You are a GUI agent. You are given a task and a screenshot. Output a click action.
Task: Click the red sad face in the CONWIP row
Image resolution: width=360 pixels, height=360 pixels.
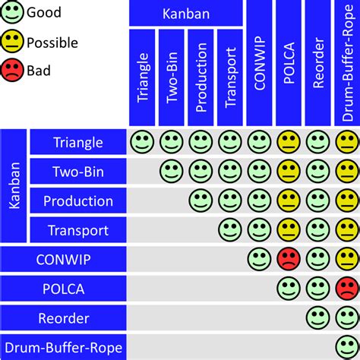tap(289, 259)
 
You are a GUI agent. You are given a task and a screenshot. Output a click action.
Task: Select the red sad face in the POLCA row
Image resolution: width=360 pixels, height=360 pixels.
tap(347, 289)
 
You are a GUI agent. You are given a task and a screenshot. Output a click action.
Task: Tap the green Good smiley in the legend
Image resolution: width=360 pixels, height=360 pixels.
tap(11, 11)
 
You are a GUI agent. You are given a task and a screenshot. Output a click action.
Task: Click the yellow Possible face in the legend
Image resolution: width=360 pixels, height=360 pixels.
tap(11, 41)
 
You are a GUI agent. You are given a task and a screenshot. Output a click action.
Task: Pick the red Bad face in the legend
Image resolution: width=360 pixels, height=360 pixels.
tap(11, 70)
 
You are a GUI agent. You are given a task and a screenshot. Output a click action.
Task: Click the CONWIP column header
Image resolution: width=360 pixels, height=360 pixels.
tap(259, 63)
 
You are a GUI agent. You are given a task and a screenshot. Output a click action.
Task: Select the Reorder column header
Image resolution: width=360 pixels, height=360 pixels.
tap(318, 63)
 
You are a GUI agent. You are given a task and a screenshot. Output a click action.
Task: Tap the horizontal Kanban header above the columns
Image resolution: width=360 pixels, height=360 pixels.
tap(186, 13)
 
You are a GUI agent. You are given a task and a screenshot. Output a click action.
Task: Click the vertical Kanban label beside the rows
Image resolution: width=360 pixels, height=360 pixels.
tap(14, 186)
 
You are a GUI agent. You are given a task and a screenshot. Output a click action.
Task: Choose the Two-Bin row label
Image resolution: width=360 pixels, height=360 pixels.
tap(78, 171)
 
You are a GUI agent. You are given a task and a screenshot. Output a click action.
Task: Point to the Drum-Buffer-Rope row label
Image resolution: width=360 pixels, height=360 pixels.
tap(63, 347)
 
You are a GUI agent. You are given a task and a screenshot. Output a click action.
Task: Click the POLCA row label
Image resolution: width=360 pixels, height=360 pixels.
tap(63, 289)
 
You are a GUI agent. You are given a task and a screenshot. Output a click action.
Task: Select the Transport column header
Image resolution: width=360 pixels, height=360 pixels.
tap(230, 77)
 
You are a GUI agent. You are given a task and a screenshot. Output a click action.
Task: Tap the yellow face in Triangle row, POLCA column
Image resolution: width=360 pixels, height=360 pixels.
tap(289, 142)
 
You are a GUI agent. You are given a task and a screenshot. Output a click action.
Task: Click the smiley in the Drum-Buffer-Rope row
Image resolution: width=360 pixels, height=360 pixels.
tap(347, 347)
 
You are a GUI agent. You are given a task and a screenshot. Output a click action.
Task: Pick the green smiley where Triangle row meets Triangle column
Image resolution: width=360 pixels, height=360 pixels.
tap(142, 142)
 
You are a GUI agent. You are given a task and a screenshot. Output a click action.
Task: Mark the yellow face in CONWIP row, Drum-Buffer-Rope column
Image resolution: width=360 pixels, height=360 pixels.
tap(347, 259)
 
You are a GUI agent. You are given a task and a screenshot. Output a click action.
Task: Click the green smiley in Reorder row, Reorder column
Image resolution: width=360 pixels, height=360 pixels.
tap(318, 318)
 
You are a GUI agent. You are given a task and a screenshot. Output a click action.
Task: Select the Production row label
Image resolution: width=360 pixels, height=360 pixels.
tap(78, 201)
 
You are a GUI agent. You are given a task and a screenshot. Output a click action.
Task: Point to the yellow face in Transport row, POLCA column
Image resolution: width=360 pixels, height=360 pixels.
tap(289, 230)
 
